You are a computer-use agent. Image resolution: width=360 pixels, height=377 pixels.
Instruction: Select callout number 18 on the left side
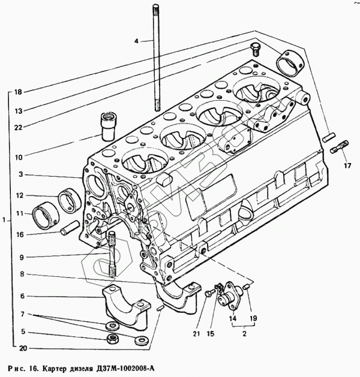[18, 92]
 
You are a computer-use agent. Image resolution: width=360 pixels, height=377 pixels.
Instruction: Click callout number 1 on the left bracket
[4, 221]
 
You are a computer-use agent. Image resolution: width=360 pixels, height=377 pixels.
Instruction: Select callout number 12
[20, 195]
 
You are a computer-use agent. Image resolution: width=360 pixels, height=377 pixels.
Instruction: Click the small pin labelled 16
[67, 228]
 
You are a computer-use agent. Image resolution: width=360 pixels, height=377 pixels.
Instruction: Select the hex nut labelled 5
[112, 340]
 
